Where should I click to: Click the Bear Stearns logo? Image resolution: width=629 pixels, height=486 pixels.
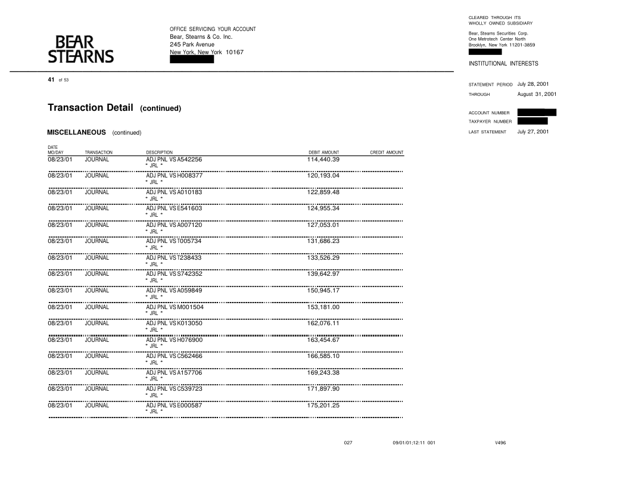(x=80, y=49)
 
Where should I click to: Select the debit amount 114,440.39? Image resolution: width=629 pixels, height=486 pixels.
(x=323, y=160)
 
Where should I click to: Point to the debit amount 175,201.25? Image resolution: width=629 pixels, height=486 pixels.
(x=323, y=406)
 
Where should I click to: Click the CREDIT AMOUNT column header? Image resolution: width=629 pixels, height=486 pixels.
(x=387, y=153)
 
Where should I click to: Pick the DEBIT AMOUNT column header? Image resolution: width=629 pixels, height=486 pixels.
(x=323, y=153)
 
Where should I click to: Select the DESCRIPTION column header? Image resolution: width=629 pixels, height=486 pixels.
(x=159, y=153)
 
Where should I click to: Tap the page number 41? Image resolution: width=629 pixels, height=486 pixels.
(x=51, y=79)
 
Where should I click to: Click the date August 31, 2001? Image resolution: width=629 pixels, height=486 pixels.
(x=537, y=94)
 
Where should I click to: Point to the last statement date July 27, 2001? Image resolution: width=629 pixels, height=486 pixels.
(x=533, y=132)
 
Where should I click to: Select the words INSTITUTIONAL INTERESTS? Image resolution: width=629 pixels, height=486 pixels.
(x=503, y=64)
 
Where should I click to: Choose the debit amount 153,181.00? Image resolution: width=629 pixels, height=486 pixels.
(x=323, y=307)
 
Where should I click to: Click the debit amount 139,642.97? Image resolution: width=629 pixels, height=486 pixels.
(x=323, y=274)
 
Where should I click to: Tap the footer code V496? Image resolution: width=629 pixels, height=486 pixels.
(x=500, y=443)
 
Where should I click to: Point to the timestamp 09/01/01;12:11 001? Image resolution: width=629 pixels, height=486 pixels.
(x=413, y=443)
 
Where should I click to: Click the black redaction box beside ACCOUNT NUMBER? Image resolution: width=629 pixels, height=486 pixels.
(x=536, y=112)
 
